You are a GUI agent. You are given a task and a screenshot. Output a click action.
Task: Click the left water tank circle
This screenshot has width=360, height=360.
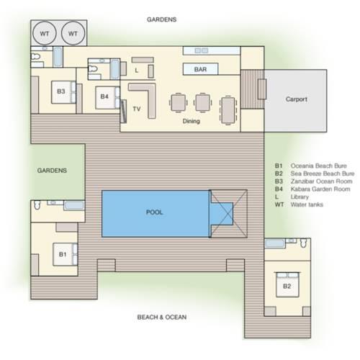(x=45, y=33)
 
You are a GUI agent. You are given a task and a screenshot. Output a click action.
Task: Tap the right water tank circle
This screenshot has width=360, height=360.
(x=73, y=33)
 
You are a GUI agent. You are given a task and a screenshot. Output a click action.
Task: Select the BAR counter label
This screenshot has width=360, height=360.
(x=200, y=69)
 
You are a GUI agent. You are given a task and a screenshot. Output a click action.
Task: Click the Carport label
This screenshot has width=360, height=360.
(x=297, y=99)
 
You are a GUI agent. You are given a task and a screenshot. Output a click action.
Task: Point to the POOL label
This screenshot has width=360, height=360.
(x=155, y=212)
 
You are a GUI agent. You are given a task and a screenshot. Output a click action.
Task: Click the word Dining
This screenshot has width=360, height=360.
(x=191, y=121)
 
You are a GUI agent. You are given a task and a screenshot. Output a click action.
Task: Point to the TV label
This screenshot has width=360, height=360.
(x=137, y=109)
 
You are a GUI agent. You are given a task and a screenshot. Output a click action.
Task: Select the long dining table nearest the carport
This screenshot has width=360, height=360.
(x=228, y=110)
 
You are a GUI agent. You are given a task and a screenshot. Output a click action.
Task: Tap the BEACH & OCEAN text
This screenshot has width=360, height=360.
(x=162, y=317)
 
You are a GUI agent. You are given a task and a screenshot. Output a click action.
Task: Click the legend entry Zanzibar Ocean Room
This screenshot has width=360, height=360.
(x=321, y=181)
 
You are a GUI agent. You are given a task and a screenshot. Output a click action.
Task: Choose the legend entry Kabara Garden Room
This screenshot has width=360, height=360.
(x=320, y=189)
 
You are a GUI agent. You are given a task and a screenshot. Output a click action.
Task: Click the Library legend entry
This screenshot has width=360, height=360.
(x=300, y=197)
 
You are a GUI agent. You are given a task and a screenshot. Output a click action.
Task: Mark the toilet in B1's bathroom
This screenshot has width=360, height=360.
(x=37, y=205)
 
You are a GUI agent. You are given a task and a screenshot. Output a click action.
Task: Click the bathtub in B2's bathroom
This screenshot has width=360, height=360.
(x=275, y=243)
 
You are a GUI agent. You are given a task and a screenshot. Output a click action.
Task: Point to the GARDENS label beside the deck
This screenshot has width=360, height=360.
(x=52, y=171)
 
